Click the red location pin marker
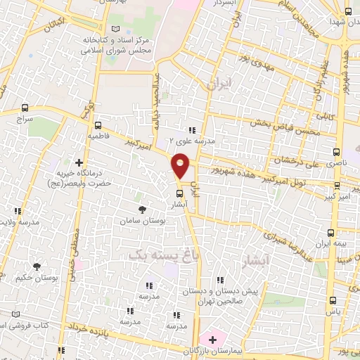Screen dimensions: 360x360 (x=181, y=165)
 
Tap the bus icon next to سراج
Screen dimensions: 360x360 (x=26, y=108)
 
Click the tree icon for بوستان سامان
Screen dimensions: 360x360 (x=143, y=210)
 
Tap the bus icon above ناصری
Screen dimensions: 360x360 (x=335, y=151)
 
